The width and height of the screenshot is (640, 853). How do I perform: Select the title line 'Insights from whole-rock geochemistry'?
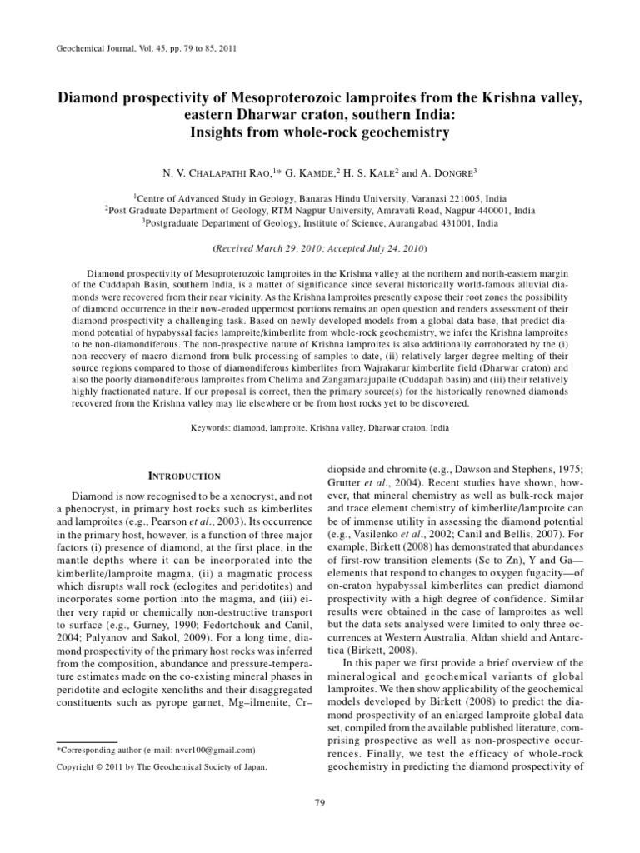coord(319,132)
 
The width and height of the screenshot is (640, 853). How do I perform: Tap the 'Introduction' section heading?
coord(184,476)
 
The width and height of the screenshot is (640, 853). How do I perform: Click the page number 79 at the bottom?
coord(319,802)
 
